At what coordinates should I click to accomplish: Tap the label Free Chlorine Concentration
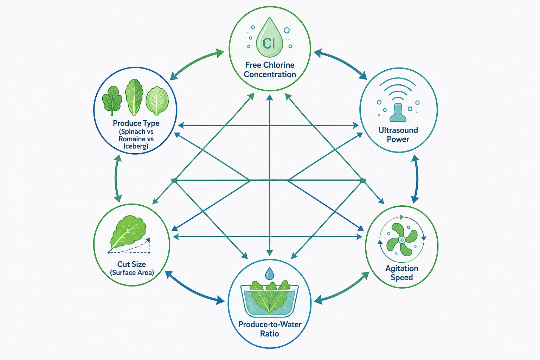tap(270, 70)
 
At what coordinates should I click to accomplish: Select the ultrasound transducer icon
tap(398, 112)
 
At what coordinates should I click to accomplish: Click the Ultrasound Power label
tap(398, 135)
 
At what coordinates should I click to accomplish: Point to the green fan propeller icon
tap(401, 239)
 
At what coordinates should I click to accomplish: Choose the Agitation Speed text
tap(401, 273)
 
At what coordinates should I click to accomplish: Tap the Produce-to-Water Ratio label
tap(270, 329)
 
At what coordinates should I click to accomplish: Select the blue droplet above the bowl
tap(270, 273)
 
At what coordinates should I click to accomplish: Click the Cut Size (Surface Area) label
tap(132, 268)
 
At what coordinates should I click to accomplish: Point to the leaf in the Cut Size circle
tap(128, 231)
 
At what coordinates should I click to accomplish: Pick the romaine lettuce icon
tap(134, 97)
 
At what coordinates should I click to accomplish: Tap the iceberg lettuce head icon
tap(157, 101)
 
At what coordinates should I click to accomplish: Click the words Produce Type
tap(136, 123)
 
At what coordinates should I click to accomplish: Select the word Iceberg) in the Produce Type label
tap(136, 146)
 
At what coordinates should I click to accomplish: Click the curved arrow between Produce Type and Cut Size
tap(116, 179)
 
